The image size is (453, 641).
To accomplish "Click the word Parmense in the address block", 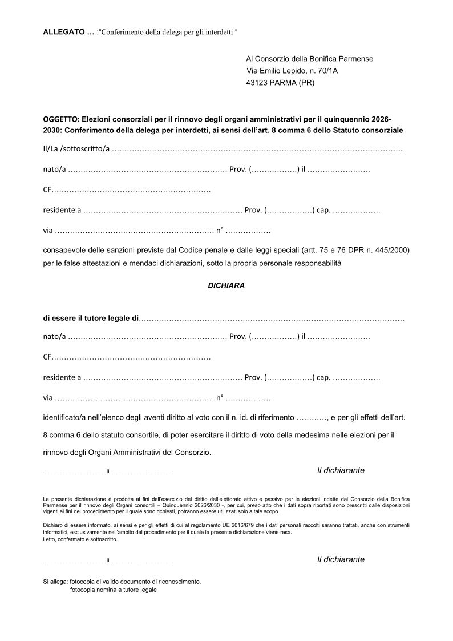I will tap(356, 59).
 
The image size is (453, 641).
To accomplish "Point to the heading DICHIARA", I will tap(226, 285).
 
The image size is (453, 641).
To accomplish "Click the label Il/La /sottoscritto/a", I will tap(76, 150).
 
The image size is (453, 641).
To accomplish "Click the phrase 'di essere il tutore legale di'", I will tap(91, 317).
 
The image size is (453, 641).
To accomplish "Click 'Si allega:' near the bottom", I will tap(55, 582).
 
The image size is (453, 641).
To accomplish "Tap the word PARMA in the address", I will tap(286, 83).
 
